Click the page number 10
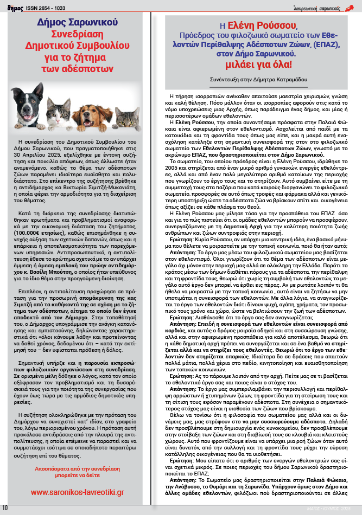point(5,507)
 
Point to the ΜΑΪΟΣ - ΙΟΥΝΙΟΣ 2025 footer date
point(334,508)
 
